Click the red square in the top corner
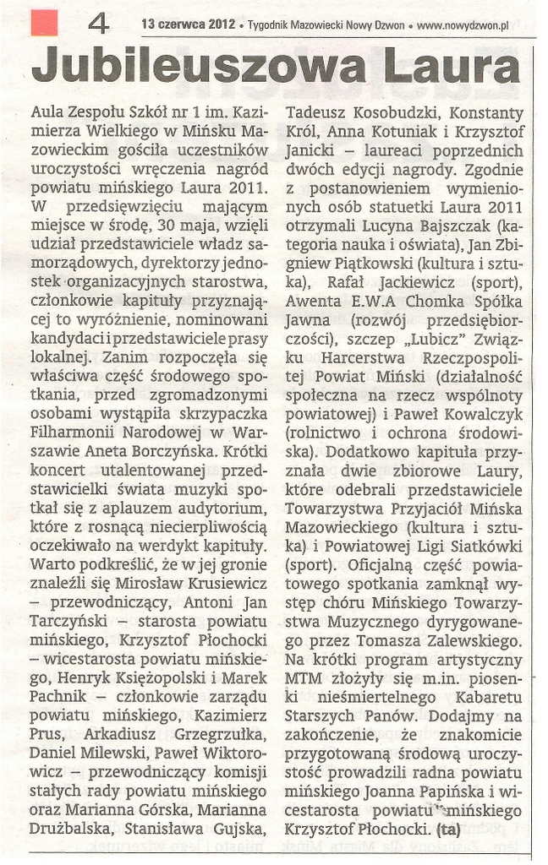point(44,21)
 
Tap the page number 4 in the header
point(98,24)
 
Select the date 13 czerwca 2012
point(188,26)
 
